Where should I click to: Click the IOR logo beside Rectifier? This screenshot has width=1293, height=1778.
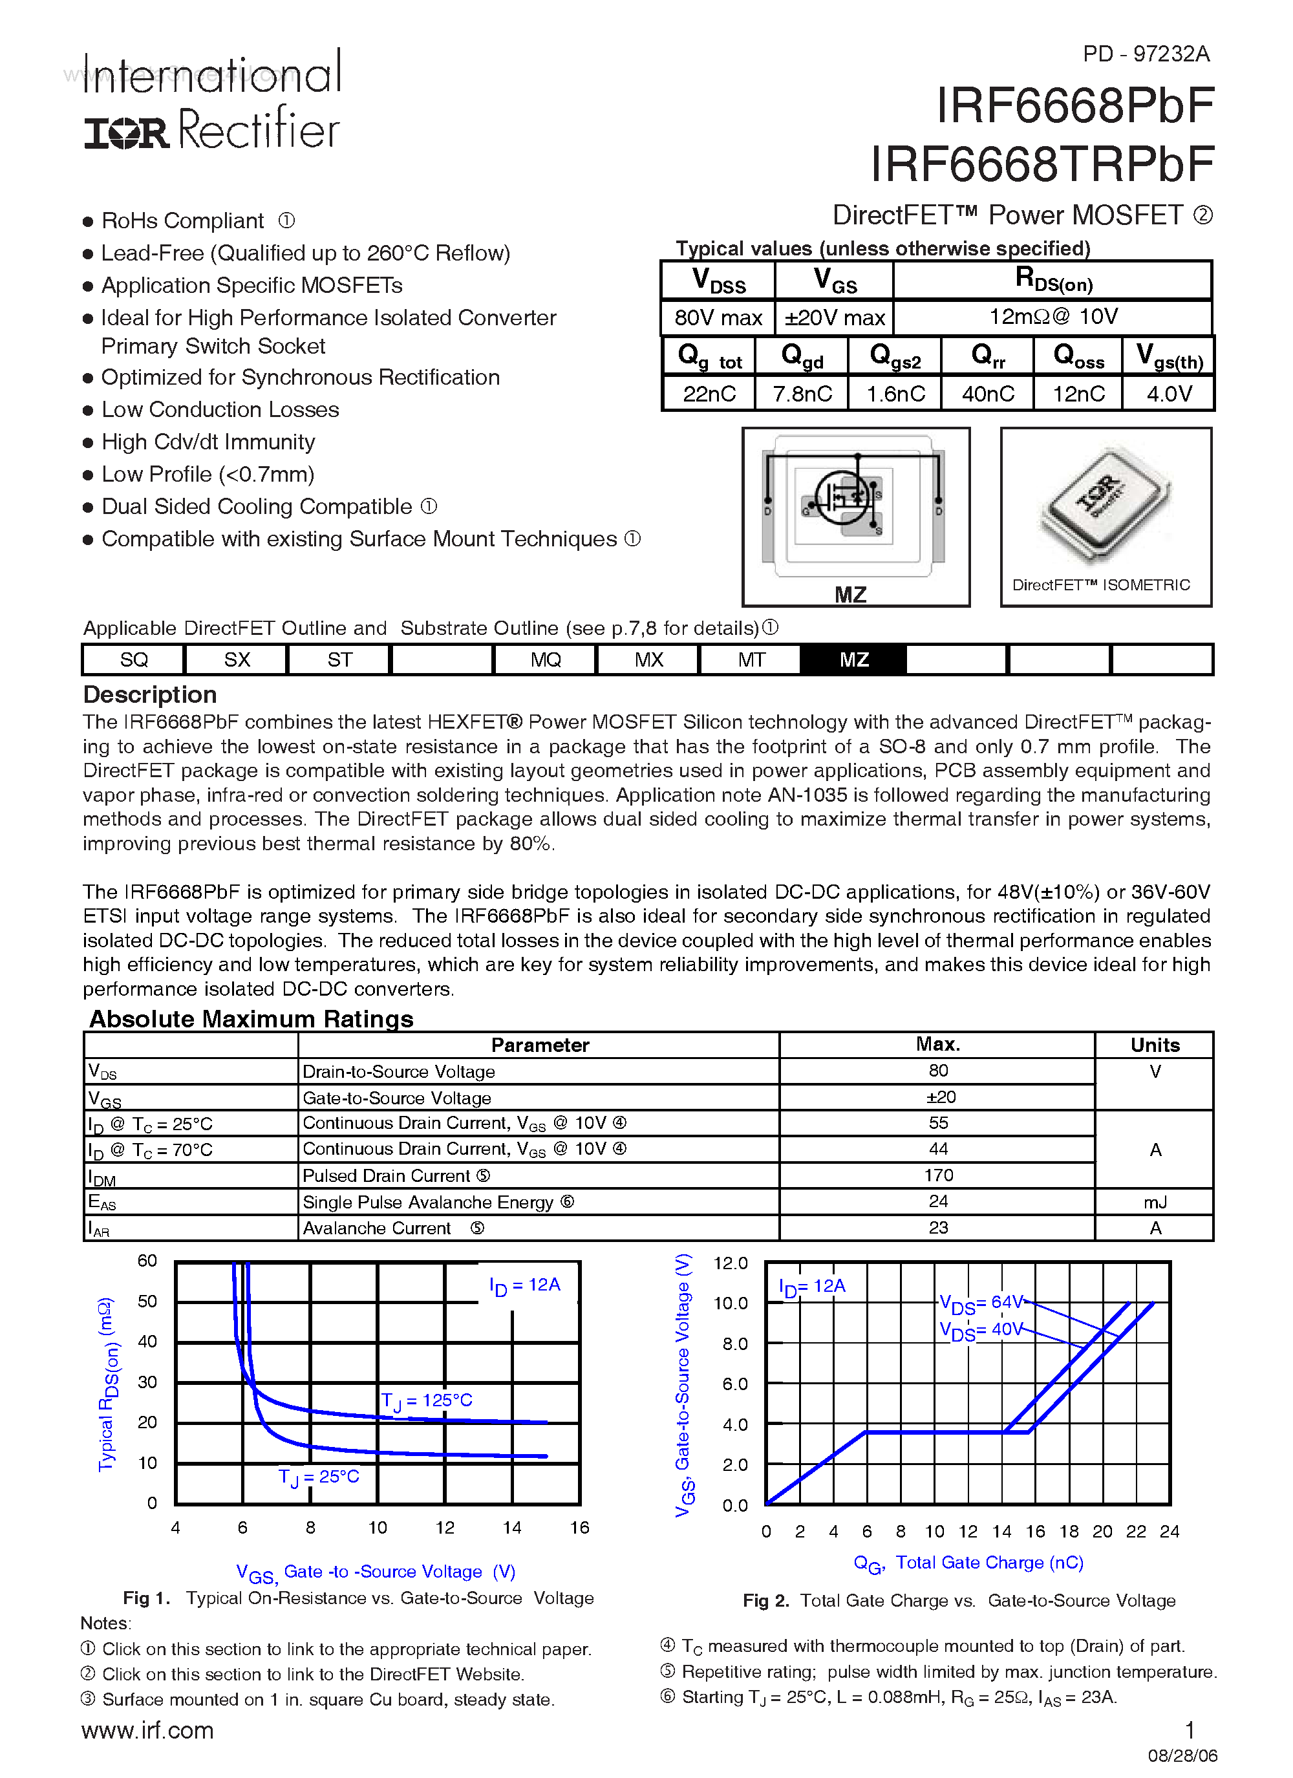point(126,133)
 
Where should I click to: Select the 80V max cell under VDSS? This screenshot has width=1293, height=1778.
point(718,317)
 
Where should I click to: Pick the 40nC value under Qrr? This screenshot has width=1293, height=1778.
point(987,394)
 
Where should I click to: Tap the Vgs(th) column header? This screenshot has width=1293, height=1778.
point(1168,358)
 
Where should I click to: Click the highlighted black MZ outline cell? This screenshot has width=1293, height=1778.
point(853,659)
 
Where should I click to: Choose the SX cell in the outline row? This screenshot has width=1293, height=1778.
point(237,659)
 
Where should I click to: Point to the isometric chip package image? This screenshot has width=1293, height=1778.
point(1105,502)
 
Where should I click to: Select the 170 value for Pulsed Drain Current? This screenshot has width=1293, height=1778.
point(938,1175)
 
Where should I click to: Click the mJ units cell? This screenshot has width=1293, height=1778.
point(1154,1202)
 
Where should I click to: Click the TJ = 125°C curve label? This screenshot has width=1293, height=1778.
point(427,1401)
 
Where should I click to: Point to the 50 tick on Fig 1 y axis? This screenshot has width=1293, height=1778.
point(147,1301)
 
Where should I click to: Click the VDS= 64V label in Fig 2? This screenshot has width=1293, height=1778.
point(981,1303)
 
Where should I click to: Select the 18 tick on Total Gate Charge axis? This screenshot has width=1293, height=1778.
point(1069,1531)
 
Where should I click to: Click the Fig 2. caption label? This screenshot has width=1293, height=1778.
point(765,1601)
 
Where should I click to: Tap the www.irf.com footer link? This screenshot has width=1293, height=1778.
point(147,1730)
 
